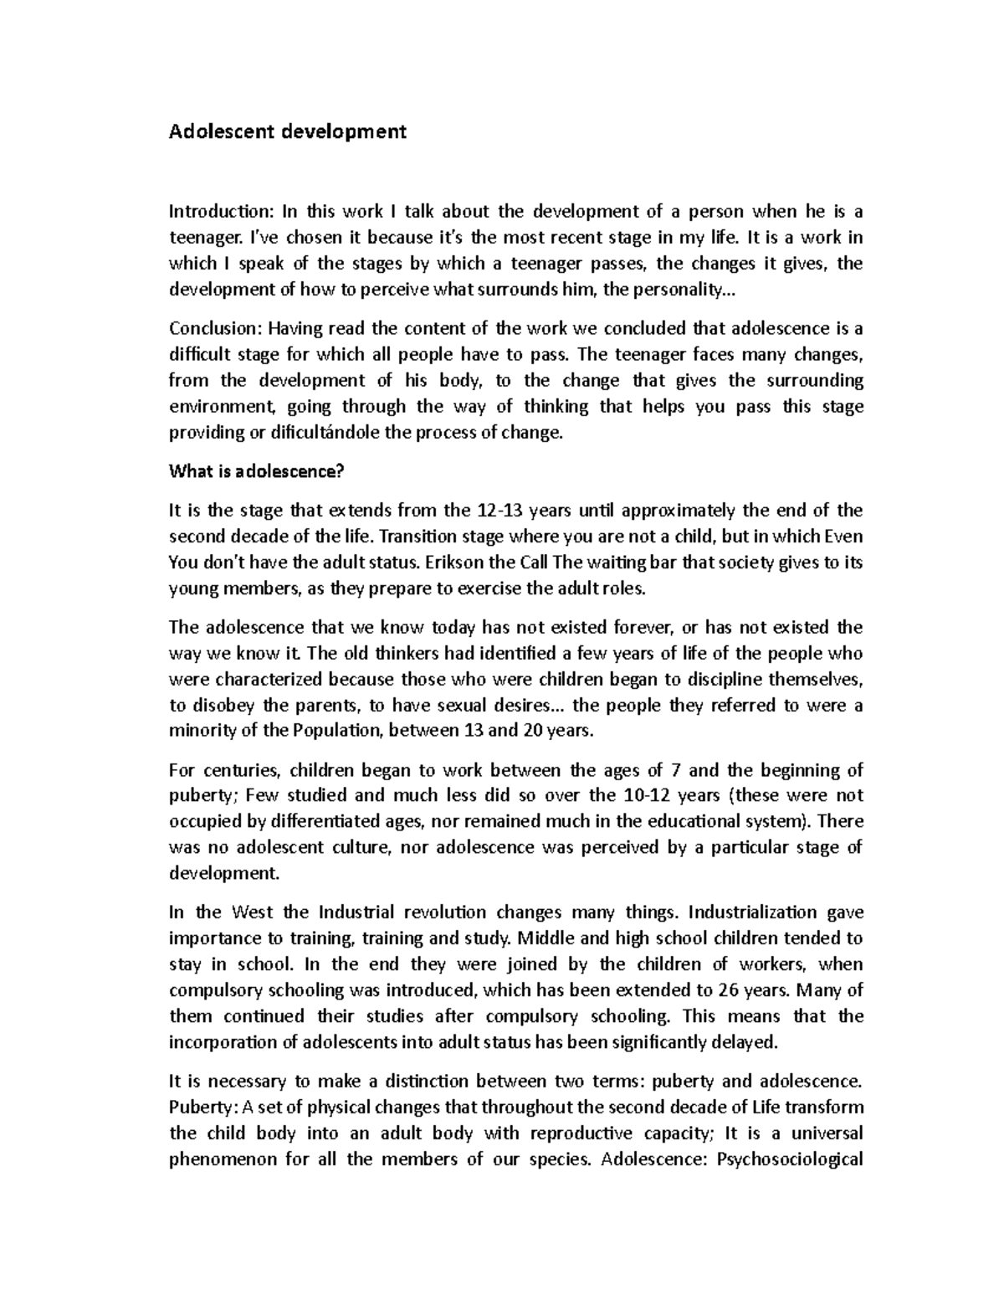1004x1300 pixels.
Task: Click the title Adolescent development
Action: click(x=288, y=131)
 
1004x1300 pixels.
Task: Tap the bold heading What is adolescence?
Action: click(x=257, y=472)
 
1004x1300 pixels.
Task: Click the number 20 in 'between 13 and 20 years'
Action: click(x=532, y=731)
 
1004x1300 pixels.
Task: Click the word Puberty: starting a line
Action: click(x=203, y=1107)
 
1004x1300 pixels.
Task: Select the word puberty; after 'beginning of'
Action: click(x=202, y=795)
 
